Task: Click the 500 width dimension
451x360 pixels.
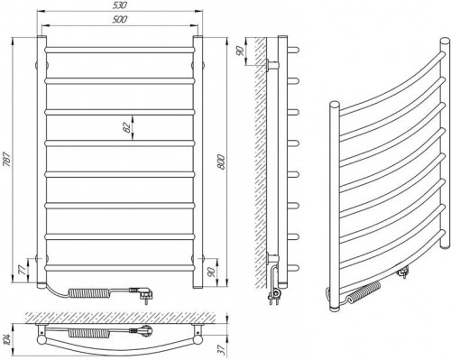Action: pyautogui.click(x=119, y=20)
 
